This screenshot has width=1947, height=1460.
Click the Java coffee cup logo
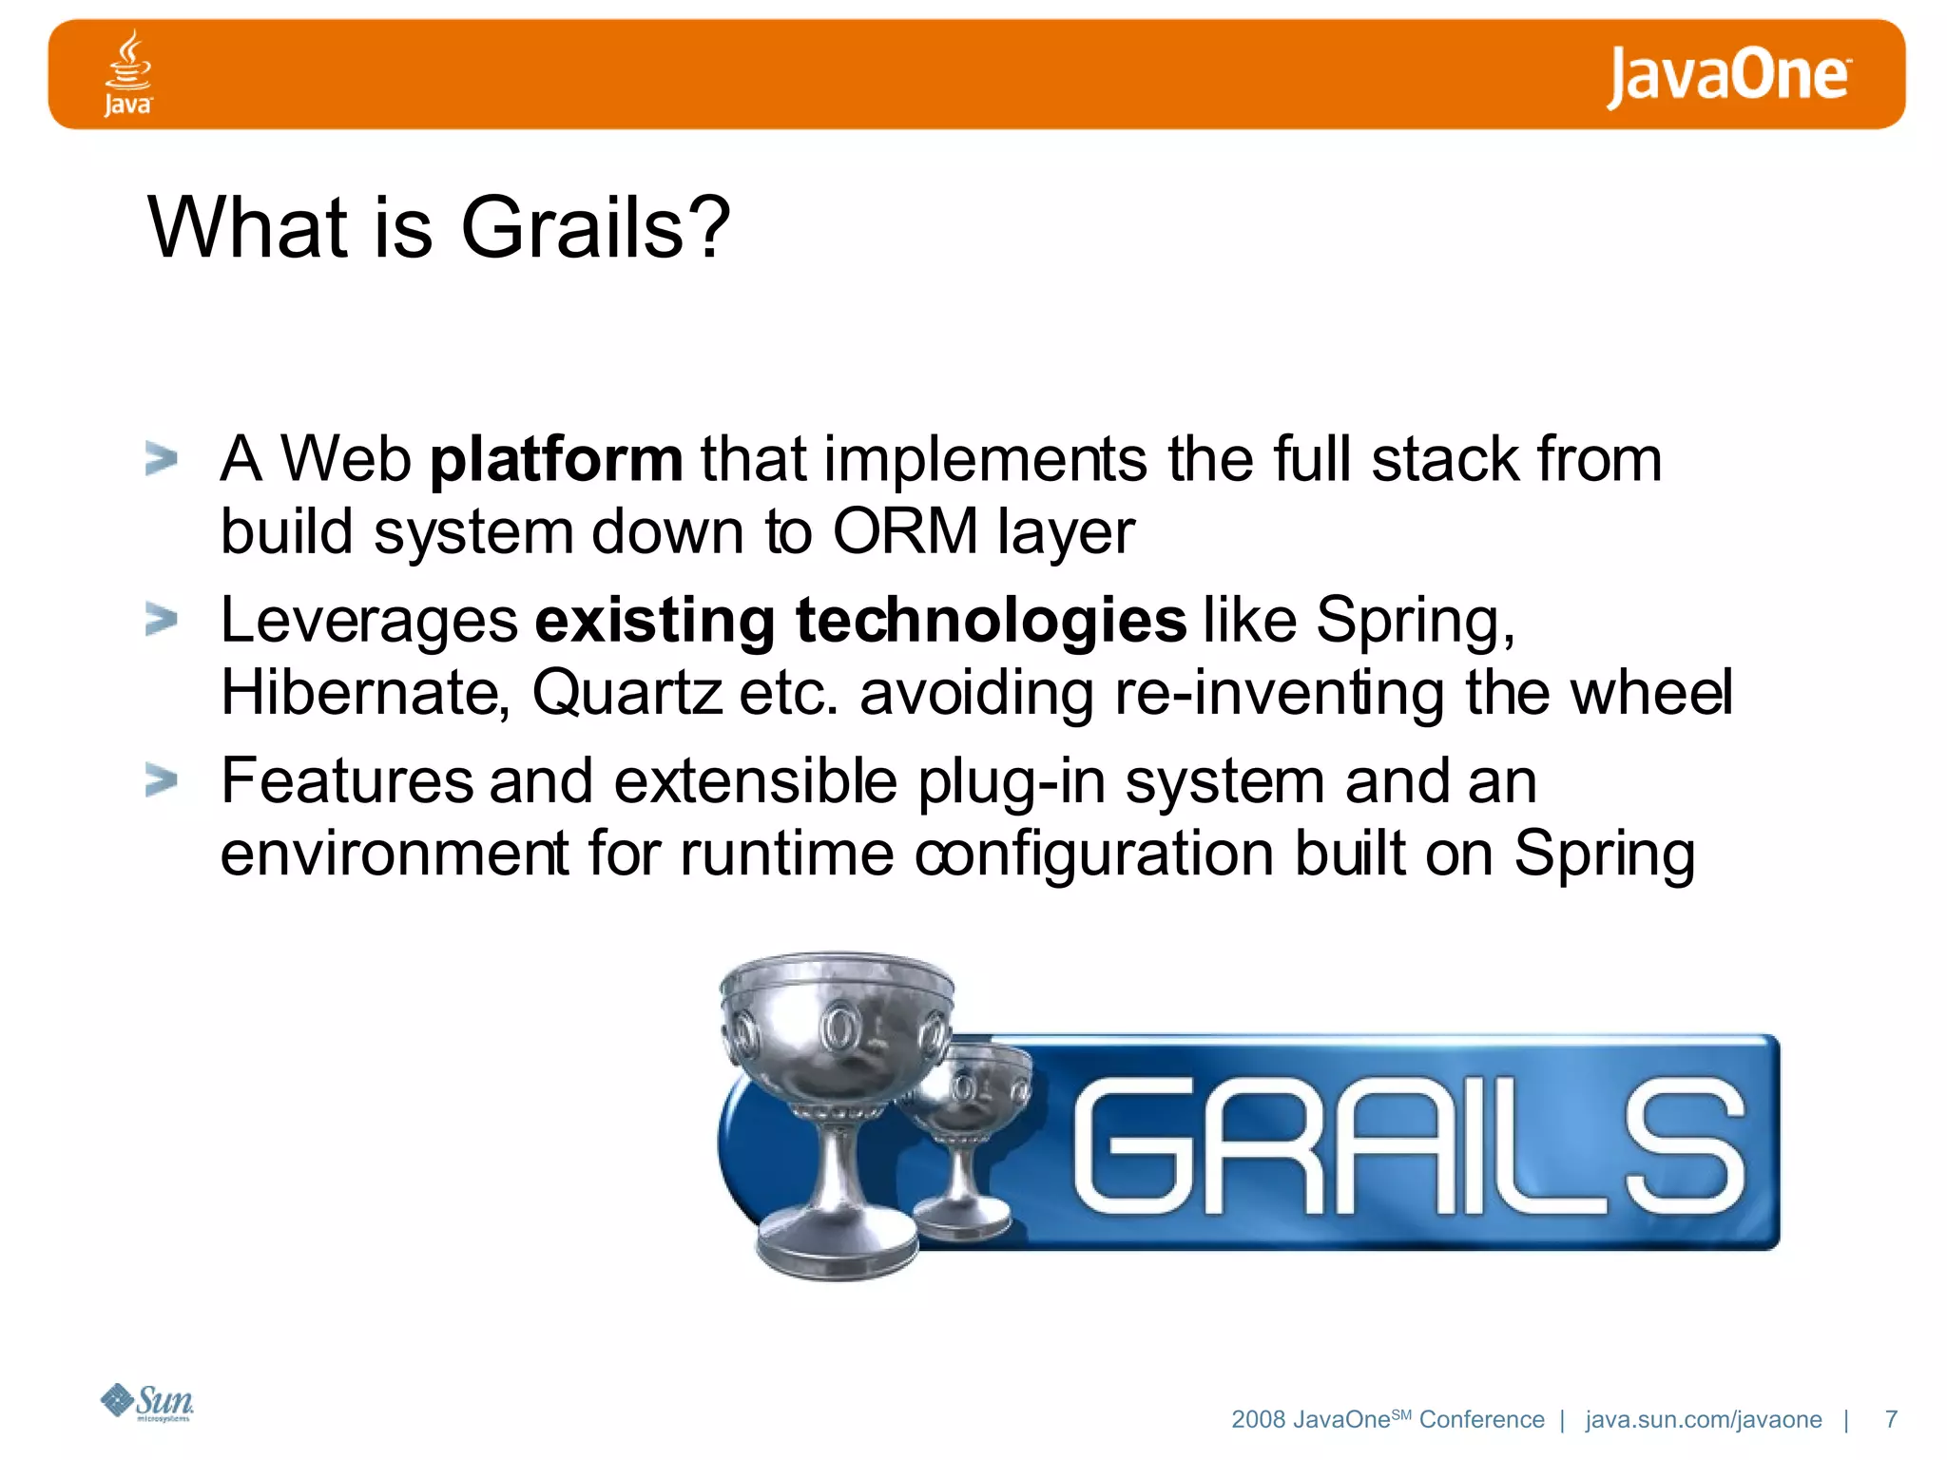point(127,73)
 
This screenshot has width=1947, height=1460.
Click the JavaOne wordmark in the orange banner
point(1727,76)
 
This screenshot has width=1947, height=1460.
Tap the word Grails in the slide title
point(572,228)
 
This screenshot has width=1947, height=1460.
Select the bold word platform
point(556,461)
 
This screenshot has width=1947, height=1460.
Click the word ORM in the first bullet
point(904,530)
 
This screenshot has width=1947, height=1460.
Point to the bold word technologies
point(991,621)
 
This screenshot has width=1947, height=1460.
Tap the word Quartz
point(627,693)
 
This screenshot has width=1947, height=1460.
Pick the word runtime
point(787,854)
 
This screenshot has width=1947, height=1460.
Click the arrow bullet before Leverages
point(162,620)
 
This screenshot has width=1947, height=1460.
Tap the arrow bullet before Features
point(162,780)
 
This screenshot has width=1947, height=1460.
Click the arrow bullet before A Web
point(162,459)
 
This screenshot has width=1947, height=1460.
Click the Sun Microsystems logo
point(147,1402)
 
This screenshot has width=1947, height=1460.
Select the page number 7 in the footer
point(1891,1419)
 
